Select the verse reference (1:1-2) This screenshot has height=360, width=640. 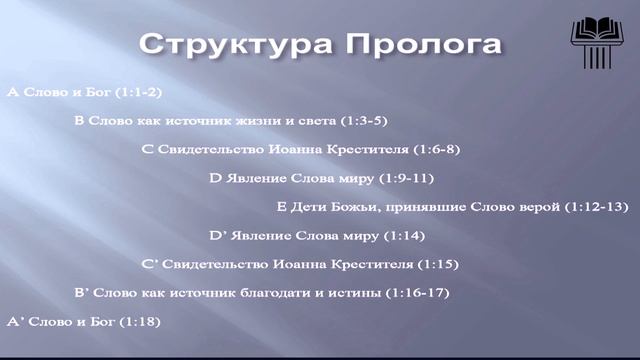pos(140,92)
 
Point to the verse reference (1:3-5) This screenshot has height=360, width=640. pos(359,121)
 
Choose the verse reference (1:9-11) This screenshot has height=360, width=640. pos(406,179)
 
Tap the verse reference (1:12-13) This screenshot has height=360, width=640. pos(596,207)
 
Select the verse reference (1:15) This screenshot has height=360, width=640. pos(436,265)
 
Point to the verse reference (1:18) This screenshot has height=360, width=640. pos(140,322)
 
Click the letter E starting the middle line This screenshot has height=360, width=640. pos(282,207)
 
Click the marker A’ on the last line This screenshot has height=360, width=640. pos(15,322)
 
